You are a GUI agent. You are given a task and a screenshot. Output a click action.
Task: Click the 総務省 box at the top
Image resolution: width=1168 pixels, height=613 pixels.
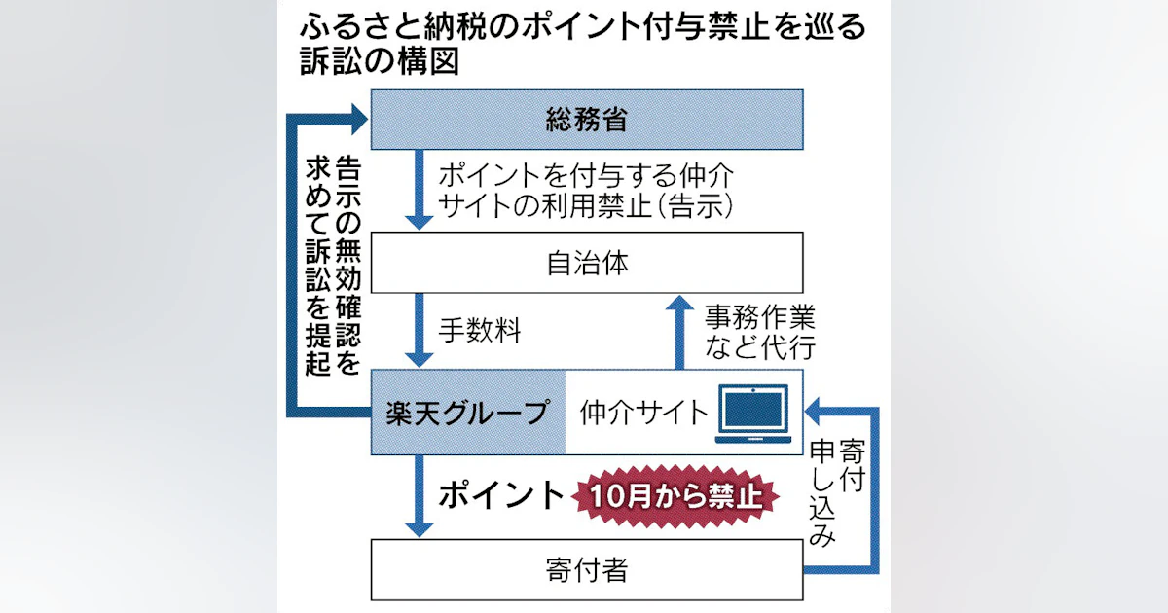(587, 119)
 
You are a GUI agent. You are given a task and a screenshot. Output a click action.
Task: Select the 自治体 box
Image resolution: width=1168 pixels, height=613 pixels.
(587, 262)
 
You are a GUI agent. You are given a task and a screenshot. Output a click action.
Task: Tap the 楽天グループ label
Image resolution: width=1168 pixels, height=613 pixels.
(468, 412)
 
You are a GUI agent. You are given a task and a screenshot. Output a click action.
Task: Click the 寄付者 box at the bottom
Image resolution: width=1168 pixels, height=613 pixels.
(587, 569)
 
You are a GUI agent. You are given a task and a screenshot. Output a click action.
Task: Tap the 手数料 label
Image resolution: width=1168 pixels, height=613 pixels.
(479, 331)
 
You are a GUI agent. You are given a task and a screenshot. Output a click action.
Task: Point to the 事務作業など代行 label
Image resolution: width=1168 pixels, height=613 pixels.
(760, 331)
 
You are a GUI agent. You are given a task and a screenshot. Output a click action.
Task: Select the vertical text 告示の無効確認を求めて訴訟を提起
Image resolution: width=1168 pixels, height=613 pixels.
(331, 263)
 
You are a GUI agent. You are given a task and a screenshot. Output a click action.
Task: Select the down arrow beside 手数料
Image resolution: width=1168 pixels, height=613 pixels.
(419, 331)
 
